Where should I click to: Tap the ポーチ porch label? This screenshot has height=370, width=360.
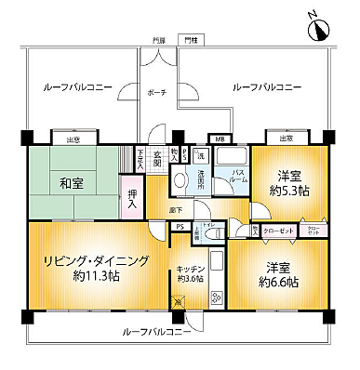pos(156,93)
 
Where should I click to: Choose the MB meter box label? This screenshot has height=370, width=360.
pos(220,139)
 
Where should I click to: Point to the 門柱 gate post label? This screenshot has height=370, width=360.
pos(191,41)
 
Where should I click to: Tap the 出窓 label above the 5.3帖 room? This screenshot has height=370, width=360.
pos(286,139)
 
